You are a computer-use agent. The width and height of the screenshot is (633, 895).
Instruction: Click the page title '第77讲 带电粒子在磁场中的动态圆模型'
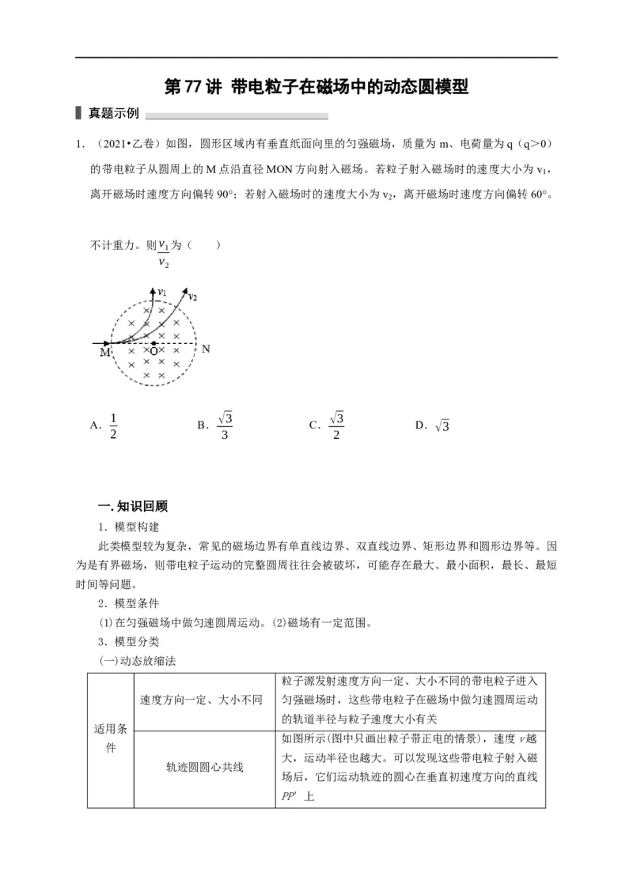[x=316, y=86]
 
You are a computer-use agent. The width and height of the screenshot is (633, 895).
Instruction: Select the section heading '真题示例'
[x=113, y=114]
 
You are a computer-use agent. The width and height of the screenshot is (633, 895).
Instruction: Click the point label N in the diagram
[x=206, y=349]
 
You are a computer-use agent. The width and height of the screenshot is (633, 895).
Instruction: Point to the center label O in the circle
[x=154, y=352]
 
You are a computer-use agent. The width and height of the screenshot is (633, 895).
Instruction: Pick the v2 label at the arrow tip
[x=192, y=296]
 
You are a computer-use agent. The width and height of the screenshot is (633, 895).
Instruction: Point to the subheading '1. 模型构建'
[x=128, y=527]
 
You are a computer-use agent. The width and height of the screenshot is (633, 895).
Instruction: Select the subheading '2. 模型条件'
[x=128, y=603]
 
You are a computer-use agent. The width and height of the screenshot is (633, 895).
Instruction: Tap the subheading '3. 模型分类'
[x=128, y=641]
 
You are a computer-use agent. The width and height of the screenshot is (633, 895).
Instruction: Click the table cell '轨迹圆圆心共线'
[x=205, y=766]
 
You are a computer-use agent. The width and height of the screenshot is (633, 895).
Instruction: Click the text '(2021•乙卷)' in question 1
[x=128, y=144]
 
